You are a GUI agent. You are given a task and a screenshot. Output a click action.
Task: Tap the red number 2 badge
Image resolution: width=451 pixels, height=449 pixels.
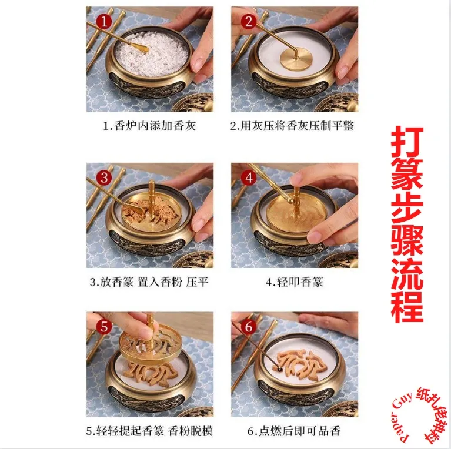pos(248,22)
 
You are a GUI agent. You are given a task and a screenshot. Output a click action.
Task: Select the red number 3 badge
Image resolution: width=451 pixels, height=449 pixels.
pos(104,177)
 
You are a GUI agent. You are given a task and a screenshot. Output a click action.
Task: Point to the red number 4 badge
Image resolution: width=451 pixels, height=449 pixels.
pos(249,177)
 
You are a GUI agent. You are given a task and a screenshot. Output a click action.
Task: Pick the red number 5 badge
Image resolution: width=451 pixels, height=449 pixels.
pos(104,326)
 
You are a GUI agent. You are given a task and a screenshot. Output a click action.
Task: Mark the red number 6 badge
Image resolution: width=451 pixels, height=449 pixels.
pos(249,326)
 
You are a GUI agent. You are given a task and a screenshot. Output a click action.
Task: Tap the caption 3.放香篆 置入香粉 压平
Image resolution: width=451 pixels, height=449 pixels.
pos(149,282)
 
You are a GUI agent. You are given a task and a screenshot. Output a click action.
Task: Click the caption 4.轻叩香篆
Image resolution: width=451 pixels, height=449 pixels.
pos(294,282)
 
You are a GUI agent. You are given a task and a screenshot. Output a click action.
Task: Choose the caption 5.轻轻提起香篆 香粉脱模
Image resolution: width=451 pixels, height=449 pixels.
pos(149,431)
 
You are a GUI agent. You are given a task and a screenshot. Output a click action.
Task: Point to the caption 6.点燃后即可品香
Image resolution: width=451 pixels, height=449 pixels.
pos(294,431)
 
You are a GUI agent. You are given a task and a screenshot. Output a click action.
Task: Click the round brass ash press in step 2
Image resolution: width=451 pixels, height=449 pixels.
pos(295,59)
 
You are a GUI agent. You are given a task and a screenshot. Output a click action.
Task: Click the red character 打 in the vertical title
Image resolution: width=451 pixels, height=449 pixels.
pos(407,141)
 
